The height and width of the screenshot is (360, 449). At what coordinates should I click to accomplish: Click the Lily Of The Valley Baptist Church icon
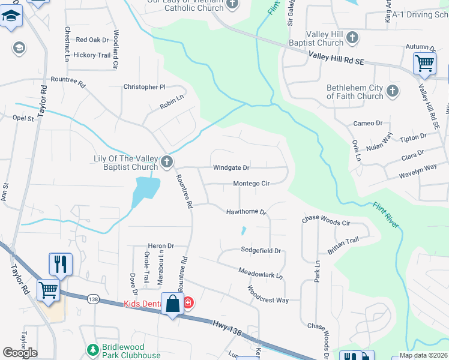point(167,161)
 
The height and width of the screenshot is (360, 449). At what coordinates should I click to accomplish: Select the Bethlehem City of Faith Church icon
point(393,91)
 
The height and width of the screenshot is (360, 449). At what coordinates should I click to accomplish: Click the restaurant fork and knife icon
point(60,264)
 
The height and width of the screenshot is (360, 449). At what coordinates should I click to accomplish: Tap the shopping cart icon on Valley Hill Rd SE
point(424,62)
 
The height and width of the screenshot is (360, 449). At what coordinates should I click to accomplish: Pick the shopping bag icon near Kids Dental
point(173,304)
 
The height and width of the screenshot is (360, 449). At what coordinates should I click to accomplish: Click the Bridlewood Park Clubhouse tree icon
point(92,349)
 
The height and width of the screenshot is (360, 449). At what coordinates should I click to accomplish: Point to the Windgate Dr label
point(231,168)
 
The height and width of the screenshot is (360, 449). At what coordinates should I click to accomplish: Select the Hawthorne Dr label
point(246,212)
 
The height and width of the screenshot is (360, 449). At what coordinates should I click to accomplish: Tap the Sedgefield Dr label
point(261,250)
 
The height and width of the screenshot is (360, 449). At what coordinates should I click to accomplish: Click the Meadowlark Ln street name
point(260,273)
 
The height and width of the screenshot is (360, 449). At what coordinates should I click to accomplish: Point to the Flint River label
point(384,214)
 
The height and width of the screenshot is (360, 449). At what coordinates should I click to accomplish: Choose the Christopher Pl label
point(144,87)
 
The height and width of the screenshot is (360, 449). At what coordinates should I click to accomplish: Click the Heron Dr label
point(161,246)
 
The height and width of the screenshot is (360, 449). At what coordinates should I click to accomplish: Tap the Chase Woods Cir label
point(326,221)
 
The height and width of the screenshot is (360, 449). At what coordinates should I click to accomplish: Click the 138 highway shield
point(93,299)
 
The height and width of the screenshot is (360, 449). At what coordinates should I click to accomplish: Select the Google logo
point(20,353)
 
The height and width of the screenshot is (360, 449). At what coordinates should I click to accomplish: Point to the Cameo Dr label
point(367,123)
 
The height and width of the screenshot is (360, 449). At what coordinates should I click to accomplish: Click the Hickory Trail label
point(92,55)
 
